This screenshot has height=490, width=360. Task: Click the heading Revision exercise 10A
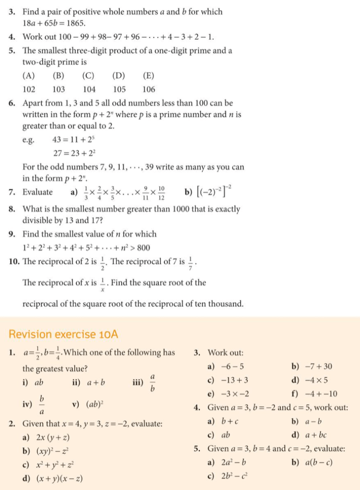63,334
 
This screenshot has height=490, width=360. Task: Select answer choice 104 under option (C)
89,89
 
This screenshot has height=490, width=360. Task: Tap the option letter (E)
149,75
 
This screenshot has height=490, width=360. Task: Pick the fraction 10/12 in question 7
162,193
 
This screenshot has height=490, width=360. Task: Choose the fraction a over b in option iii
153,383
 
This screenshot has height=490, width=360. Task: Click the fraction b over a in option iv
42,405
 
